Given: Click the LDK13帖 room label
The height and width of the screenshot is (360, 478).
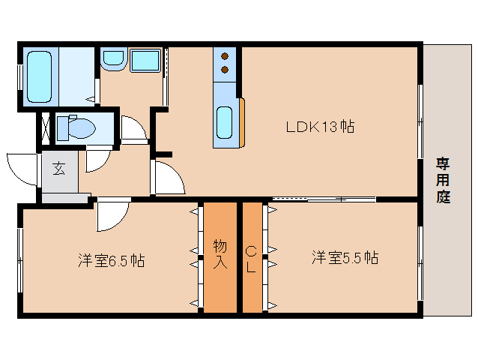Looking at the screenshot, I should coord(320,127).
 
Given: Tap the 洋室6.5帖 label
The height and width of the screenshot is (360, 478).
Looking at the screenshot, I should coord(111,261).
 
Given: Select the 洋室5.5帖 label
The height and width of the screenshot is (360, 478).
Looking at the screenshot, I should coord(345,258).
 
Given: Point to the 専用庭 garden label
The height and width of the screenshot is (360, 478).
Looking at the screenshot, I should coord(444,181).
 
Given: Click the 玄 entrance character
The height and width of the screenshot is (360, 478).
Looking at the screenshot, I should coord(58,169).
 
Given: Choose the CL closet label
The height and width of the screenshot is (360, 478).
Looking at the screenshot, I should coord(252,257).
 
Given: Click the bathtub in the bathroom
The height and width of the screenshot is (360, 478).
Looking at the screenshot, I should coord(39,77).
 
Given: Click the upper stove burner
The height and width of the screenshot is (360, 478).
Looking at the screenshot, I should coord(224,55).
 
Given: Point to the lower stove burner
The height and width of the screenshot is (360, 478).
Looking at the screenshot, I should coord(224,71).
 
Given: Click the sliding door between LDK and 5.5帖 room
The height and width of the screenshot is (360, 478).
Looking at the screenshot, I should coord(324,199).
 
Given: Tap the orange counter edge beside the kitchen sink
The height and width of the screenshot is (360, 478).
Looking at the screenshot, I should coord(240,122).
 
